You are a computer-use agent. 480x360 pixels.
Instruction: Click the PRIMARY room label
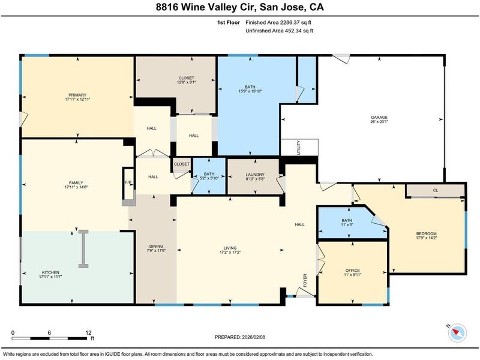pos(77,95)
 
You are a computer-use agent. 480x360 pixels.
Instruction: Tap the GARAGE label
pos(379,117)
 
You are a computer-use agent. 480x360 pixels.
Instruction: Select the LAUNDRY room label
pos(255,175)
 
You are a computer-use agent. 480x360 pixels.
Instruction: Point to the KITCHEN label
pos(50,272)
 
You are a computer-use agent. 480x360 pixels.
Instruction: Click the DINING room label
pos(156,246)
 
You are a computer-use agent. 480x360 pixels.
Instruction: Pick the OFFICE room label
pos(353,271)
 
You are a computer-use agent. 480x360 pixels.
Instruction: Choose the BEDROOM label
pos(426,233)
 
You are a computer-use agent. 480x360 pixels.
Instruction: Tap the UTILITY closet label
pos(299,148)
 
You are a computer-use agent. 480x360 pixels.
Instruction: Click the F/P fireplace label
pos(128,182)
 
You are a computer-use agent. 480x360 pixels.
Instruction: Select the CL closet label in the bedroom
pos(436,190)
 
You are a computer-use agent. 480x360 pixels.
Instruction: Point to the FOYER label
pos(305,280)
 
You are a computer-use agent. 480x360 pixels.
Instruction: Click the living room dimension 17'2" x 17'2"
pos(230,253)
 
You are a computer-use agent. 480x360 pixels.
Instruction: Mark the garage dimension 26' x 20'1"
pos(379,122)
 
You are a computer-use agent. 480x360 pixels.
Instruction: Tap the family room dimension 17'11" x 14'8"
pos(76,187)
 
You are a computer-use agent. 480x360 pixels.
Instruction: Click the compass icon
pos(457,333)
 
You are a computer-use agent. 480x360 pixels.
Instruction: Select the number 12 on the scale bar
pos(88,333)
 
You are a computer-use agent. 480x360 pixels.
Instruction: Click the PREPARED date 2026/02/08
pos(253,337)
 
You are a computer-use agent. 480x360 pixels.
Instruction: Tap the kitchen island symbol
pos(83,249)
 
